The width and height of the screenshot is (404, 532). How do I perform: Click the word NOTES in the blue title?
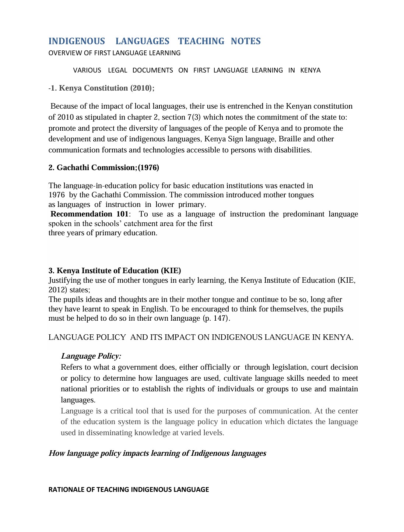click(246, 41)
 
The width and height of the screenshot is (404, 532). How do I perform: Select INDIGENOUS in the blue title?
click(77, 41)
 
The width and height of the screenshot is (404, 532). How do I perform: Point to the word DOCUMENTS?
click(152, 70)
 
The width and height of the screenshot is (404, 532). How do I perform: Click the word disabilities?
click(293, 150)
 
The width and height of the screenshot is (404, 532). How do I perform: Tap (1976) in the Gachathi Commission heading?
click(148, 168)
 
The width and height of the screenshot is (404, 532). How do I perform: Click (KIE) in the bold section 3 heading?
click(171, 271)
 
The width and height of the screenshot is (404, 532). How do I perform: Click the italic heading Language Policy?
click(91, 356)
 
